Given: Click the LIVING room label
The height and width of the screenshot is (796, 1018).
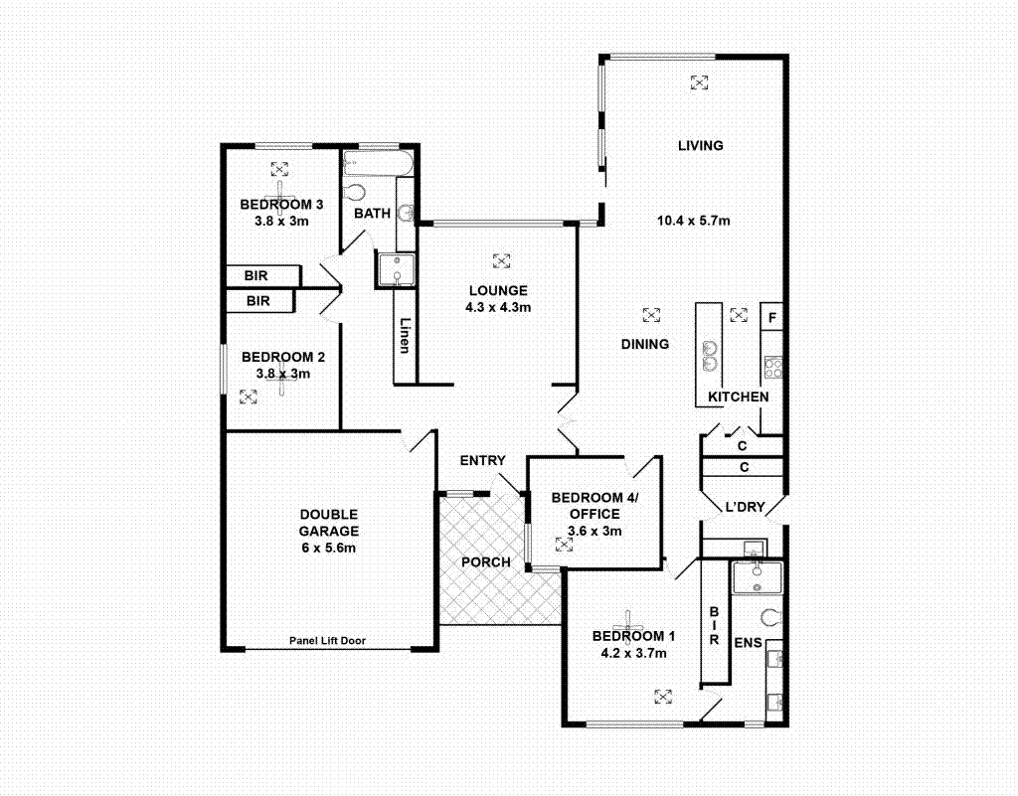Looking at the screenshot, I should pyautogui.click(x=700, y=146).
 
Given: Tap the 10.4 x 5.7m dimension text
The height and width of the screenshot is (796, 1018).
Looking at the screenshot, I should pyautogui.click(x=693, y=221).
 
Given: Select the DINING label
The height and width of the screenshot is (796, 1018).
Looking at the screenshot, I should pyautogui.click(x=644, y=344).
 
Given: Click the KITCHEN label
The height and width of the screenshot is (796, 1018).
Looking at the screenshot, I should pyautogui.click(x=738, y=398).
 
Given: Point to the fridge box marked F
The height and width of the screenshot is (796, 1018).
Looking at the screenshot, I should pyautogui.click(x=772, y=319).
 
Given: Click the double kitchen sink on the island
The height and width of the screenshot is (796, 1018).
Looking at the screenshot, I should pyautogui.click(x=711, y=355).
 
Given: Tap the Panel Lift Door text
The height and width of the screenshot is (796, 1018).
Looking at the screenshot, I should pyautogui.click(x=327, y=641).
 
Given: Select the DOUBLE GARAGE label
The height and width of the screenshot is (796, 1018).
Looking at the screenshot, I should pyautogui.click(x=328, y=531).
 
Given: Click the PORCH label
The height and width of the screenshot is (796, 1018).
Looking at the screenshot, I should pyautogui.click(x=486, y=562).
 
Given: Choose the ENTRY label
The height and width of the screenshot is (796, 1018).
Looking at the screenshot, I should pyautogui.click(x=482, y=461).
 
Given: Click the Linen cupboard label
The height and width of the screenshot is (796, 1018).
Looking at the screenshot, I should pyautogui.click(x=405, y=336).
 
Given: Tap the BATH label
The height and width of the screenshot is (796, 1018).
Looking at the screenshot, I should pyautogui.click(x=372, y=214).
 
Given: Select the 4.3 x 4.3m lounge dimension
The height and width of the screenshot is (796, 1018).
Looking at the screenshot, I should pyautogui.click(x=498, y=307).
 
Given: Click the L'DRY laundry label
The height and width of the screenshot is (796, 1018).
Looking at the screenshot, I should pyautogui.click(x=745, y=508).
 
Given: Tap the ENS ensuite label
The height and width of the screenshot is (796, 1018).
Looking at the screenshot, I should pyautogui.click(x=747, y=644).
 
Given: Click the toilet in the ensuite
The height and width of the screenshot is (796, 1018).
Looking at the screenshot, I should pyautogui.click(x=771, y=618).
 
